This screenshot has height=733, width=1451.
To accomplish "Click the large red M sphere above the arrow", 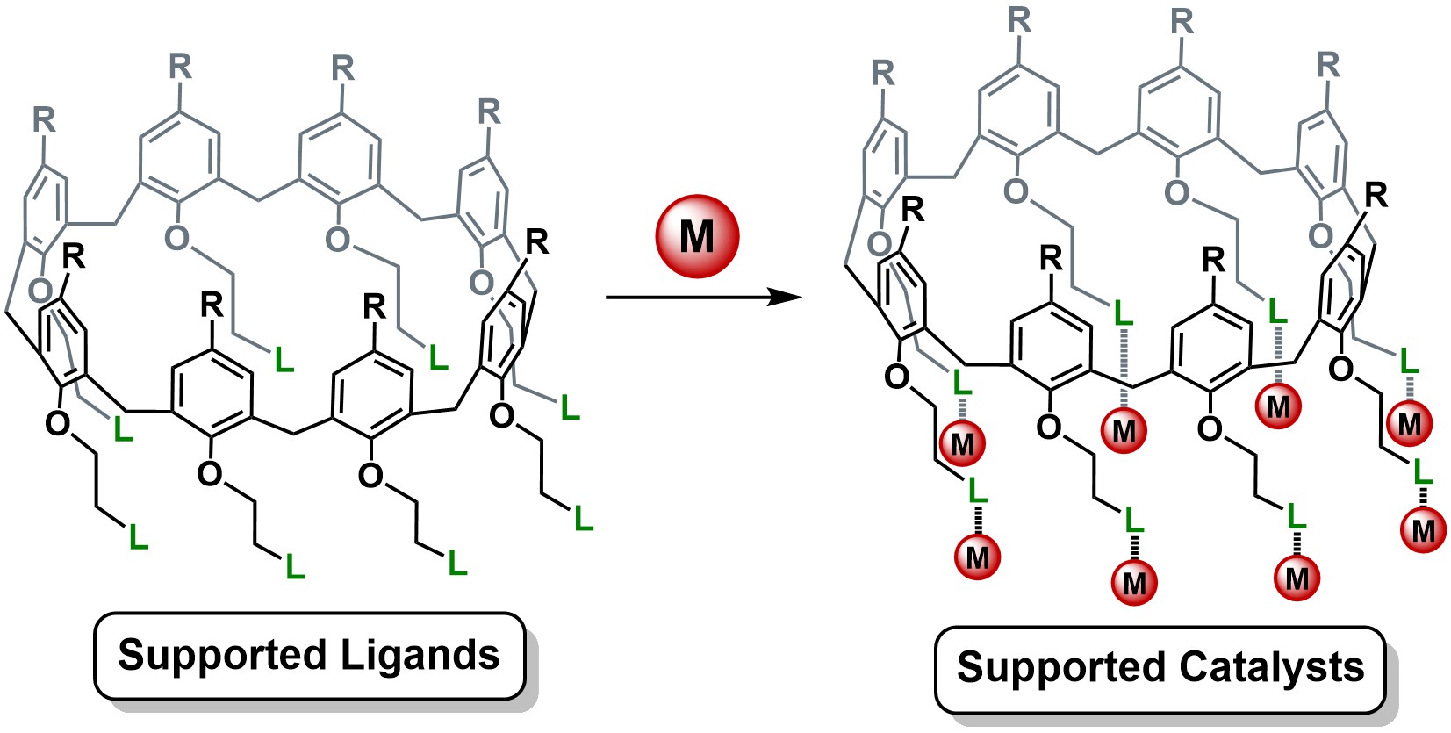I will [x=698, y=236].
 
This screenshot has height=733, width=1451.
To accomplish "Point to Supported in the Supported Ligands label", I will [x=221, y=656].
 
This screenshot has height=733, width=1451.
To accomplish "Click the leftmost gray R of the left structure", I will [x=44, y=119].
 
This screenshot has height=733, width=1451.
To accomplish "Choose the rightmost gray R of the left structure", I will [x=489, y=111].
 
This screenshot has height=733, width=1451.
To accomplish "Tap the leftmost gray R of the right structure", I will [x=883, y=73].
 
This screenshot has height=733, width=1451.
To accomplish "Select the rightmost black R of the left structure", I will [x=536, y=241].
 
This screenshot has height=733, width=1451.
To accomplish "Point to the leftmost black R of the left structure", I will [x=74, y=256].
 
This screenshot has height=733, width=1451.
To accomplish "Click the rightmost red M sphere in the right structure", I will [x=1423, y=530].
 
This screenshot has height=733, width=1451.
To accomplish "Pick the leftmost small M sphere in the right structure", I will [x=962, y=443].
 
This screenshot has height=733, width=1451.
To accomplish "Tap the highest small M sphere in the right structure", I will [x=1278, y=406].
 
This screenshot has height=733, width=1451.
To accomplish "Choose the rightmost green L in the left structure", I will [x=584, y=519].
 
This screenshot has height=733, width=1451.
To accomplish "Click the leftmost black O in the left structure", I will [x=57, y=424].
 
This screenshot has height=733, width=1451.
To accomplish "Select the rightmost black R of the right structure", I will [x=1376, y=195].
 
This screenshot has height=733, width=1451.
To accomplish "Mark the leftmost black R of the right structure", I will [x=913, y=210].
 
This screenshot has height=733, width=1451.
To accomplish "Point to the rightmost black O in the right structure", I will [x=1340, y=370].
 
